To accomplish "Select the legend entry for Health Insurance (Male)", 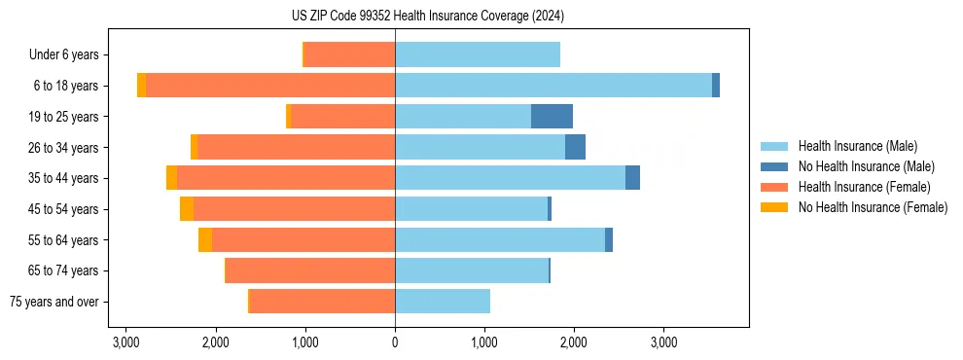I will pos(857,146).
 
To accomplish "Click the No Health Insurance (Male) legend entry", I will pos(866,166).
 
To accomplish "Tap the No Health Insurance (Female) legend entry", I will pos(873,207).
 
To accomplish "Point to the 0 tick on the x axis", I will pos(395,342).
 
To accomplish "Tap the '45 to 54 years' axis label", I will pos(63,209).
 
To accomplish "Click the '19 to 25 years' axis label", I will pos(63,117).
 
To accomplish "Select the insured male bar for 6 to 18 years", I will pos(553,86).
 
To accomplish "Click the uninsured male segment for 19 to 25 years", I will pos(552,117).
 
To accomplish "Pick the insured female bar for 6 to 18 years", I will pos(270,86).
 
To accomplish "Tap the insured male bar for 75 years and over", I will pos(443,302).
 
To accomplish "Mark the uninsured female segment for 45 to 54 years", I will pos(187,209).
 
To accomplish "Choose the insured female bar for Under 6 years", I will pos(350,55).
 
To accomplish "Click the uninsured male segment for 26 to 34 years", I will pos(575,147).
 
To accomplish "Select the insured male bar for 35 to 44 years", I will pos(510,178).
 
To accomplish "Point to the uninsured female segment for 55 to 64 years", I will pos(205,240).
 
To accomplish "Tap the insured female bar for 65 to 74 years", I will pos(310,270).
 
